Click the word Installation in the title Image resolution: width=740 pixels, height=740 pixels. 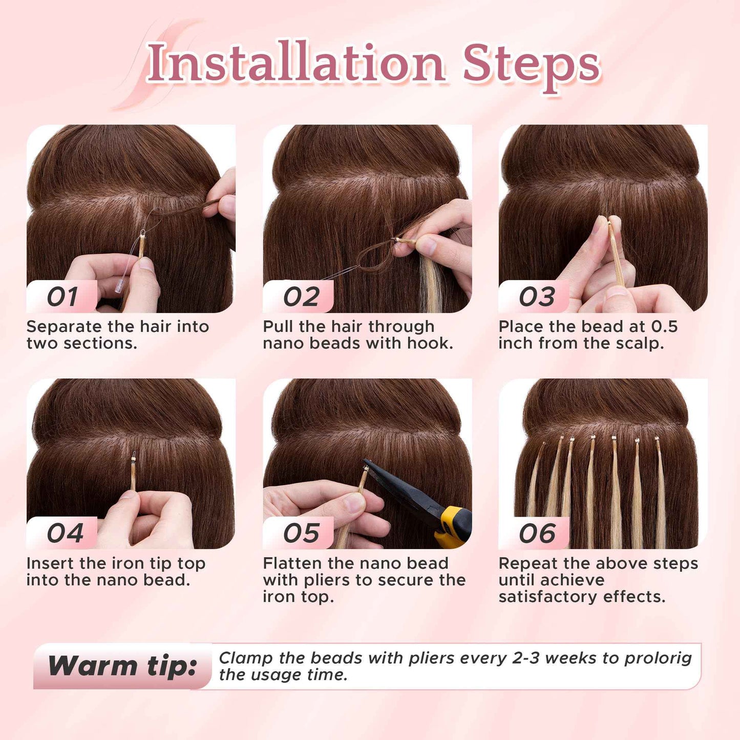[295, 62]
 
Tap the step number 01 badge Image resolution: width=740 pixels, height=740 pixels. [62, 297]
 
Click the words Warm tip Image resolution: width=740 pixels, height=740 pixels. [122, 666]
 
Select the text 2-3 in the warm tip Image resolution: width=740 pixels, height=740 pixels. [525, 658]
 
